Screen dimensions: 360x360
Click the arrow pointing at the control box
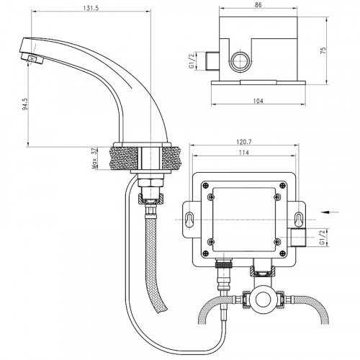(328, 212)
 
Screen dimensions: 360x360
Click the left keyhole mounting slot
(189, 219)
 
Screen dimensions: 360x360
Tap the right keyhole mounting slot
(298, 219)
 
